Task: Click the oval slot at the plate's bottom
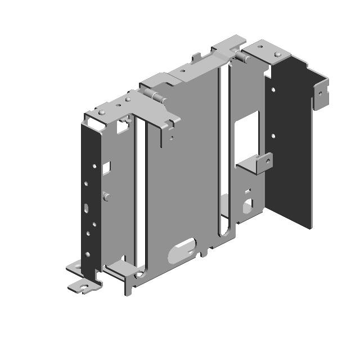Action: click(182, 249)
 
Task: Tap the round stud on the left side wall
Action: click(106, 196)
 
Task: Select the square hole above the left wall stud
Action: click(106, 167)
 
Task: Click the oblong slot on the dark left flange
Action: click(85, 208)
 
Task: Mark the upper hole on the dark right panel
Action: click(273, 89)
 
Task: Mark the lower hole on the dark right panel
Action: click(273, 136)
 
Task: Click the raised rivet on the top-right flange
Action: click(277, 54)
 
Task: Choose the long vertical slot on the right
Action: click(224, 152)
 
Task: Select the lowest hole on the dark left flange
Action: click(87, 255)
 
